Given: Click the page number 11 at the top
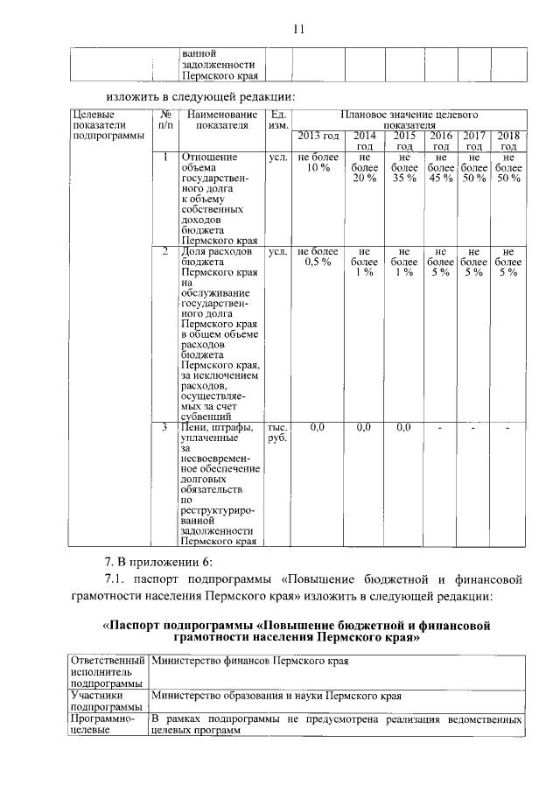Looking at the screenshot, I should [x=297, y=29].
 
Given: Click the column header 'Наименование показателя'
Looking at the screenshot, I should [x=221, y=120].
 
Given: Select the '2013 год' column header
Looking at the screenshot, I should [x=318, y=136].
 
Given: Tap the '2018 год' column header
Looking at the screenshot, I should [x=508, y=141].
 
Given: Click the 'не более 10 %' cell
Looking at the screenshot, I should [x=318, y=163].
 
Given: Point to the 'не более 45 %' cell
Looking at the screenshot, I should [x=442, y=168].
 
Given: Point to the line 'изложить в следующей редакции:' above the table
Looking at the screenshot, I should [x=200, y=95].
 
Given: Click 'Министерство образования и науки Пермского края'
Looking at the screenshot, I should [x=276, y=697].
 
